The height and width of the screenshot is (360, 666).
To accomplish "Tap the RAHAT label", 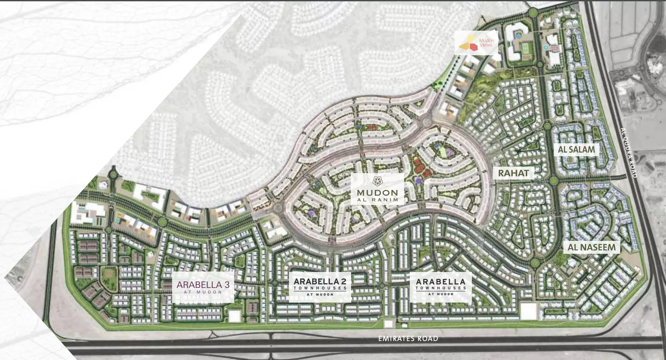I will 513,173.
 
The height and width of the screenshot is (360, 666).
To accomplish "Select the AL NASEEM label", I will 591,247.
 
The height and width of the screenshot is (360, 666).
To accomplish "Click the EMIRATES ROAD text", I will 408,339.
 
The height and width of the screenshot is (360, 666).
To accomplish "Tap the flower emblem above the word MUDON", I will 377,181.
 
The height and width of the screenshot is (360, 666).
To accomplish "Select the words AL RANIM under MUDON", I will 377,200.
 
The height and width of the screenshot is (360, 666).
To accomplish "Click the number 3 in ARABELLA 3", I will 226,285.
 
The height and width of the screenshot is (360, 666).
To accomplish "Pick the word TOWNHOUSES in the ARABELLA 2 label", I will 320,288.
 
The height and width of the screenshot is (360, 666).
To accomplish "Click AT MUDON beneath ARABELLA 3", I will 203,292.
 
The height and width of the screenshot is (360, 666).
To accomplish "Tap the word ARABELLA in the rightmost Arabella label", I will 440,281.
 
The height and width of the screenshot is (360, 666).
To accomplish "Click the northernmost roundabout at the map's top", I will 531,13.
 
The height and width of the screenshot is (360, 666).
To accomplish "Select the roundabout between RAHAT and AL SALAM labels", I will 553,180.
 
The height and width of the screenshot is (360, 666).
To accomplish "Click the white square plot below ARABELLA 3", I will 235,316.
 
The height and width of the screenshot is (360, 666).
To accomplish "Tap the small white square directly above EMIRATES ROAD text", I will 389,324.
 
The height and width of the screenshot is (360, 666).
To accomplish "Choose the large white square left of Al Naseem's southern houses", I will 528,311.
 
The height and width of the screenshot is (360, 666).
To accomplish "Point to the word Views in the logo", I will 486,45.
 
